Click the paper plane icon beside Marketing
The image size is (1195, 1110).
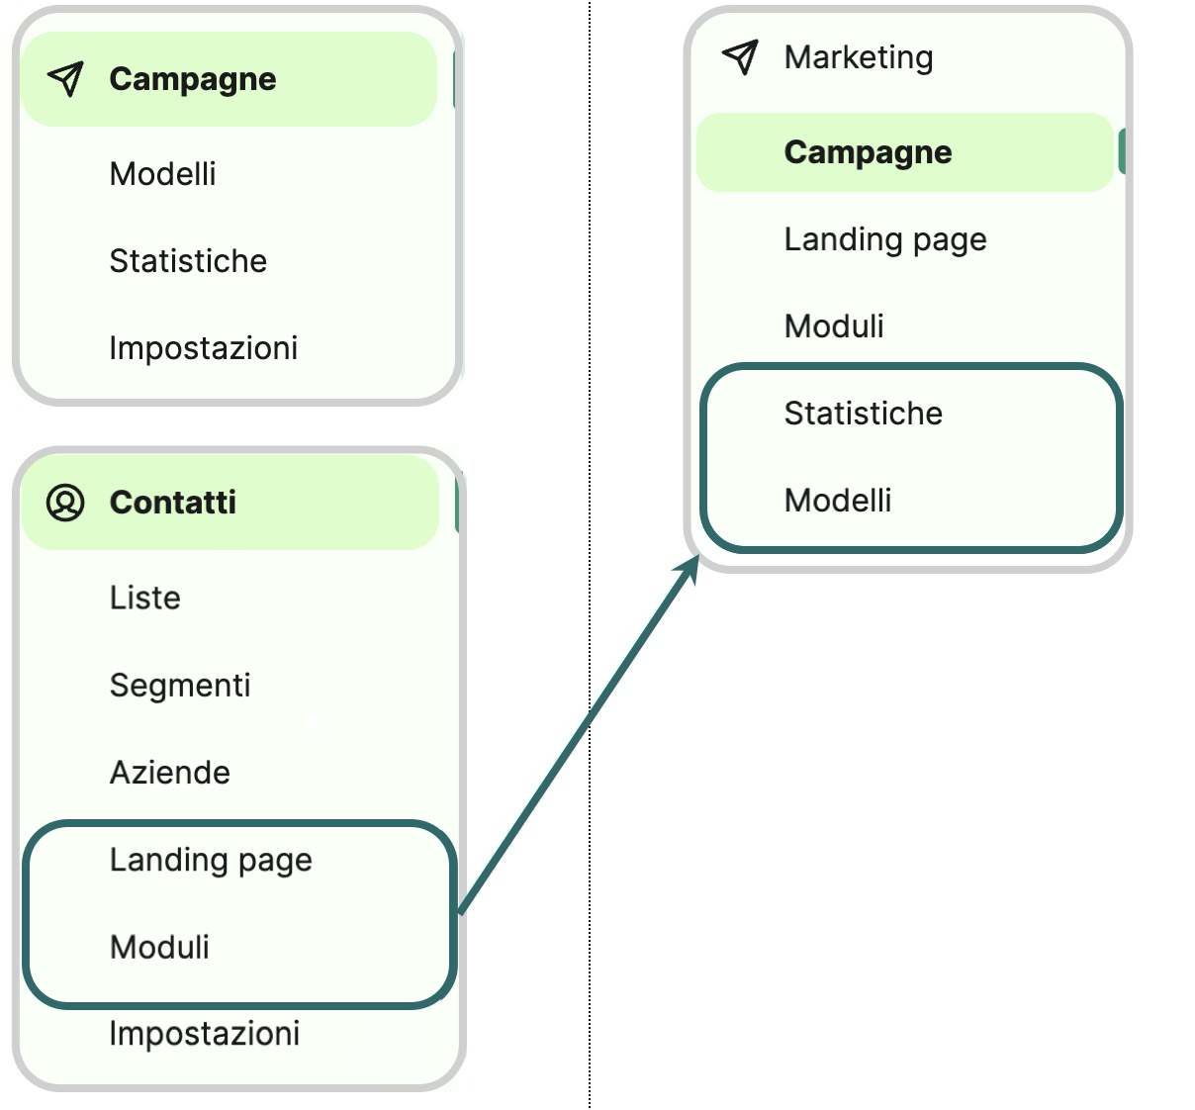tap(740, 57)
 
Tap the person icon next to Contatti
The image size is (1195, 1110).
tap(65, 503)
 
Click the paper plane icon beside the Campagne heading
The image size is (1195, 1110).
tap(65, 79)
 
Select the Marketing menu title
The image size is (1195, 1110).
tap(858, 57)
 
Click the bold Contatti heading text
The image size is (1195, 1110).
tap(173, 503)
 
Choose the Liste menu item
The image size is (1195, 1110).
tap(145, 598)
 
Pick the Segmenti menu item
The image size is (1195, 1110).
tap(180, 685)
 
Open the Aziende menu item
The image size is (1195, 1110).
tap(170, 772)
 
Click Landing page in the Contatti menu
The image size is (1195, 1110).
tap(211, 860)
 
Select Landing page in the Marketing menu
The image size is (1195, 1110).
tap(885, 239)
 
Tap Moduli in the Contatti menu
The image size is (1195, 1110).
tap(159, 947)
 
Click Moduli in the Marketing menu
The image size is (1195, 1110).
tap(834, 325)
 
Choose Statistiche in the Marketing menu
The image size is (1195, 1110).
tap(863, 413)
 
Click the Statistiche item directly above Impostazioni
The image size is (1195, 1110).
tap(188, 261)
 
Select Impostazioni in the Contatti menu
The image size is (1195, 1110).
tap(205, 1033)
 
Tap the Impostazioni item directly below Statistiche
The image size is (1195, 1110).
tap(204, 348)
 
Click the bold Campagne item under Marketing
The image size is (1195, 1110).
tap(868, 152)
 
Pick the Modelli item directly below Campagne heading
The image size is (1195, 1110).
tap(163, 174)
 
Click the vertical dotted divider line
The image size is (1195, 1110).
tap(590, 297)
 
